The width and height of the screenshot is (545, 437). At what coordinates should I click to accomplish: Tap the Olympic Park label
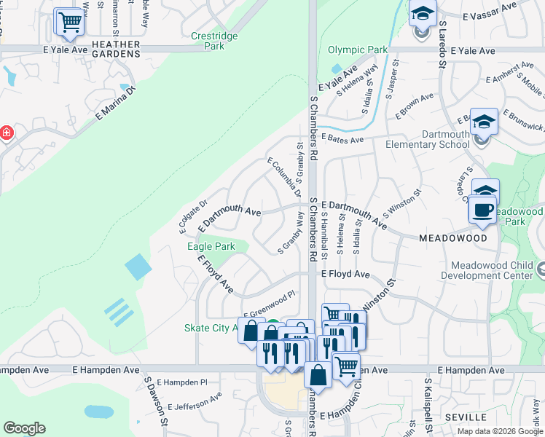coord(358,50)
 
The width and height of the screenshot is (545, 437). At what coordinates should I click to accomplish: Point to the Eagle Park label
coord(211,247)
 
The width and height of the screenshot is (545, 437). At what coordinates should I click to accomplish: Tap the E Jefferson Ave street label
coord(195,402)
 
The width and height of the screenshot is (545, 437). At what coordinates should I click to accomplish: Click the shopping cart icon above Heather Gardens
coord(69,22)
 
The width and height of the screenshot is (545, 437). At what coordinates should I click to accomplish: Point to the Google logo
coord(24,428)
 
